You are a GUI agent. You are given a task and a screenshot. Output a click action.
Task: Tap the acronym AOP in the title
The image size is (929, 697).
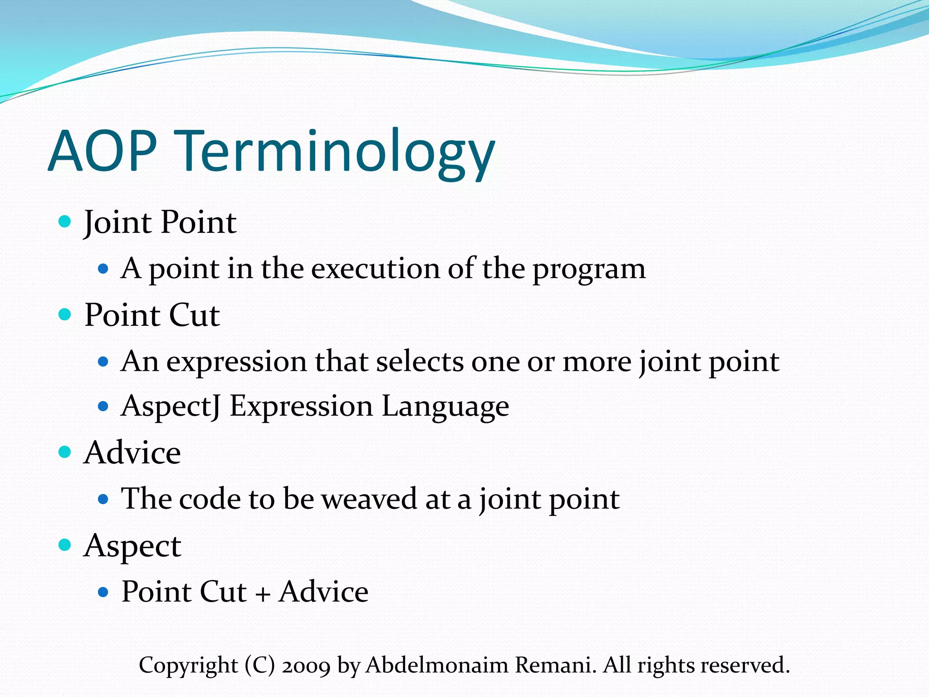tap(103, 151)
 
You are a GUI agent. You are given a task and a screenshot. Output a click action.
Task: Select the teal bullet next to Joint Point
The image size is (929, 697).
tap(65, 222)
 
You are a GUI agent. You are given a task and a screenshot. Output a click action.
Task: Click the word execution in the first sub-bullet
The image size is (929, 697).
tap(376, 269)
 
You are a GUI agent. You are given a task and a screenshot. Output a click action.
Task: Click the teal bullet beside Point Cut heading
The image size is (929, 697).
tap(65, 314)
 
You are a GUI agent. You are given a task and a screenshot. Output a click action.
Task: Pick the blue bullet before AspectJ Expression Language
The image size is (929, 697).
tap(103, 406)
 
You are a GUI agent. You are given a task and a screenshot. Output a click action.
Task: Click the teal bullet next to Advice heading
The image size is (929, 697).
tap(65, 452)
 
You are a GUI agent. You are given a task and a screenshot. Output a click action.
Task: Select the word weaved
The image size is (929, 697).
tap(369, 499)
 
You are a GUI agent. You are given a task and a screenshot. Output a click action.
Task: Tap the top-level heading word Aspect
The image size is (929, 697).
tap(132, 546)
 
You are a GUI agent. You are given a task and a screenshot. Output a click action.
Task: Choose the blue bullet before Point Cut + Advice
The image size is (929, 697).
tap(103, 592)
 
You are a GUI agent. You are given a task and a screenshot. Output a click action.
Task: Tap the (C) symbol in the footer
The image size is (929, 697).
tap(260, 665)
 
